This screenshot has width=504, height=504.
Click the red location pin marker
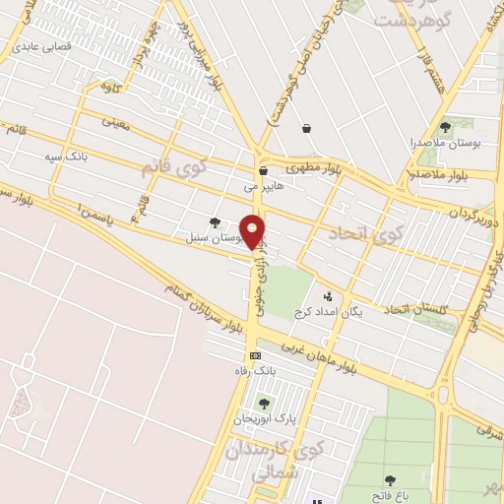(x=254, y=230)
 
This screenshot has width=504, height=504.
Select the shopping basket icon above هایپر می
(x=264, y=170)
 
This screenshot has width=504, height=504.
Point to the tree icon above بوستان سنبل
(x=216, y=222)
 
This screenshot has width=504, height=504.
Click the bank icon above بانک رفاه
(x=256, y=355)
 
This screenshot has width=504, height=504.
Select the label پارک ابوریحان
(x=265, y=418)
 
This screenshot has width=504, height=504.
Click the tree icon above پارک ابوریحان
(x=263, y=403)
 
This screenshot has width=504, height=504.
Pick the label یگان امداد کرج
(x=329, y=311)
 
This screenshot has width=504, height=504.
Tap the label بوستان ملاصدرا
(x=444, y=143)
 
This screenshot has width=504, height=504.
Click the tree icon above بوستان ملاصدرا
(x=445, y=127)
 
